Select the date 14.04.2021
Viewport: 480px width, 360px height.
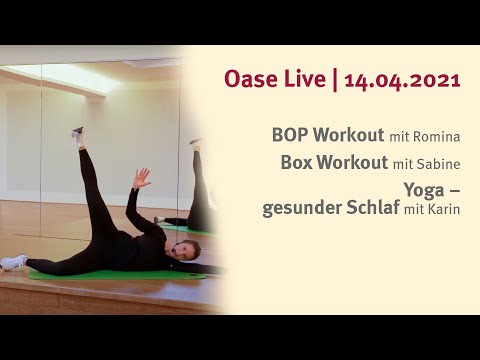[x=402, y=79]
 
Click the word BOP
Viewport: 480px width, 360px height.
[x=290, y=134]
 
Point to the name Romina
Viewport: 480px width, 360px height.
[x=441, y=135]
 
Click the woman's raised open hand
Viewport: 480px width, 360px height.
[x=142, y=178]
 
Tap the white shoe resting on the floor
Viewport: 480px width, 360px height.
[x=14, y=262]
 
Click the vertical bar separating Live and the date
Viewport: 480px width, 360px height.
[x=333, y=80]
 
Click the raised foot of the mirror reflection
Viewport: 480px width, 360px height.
[x=197, y=145]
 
